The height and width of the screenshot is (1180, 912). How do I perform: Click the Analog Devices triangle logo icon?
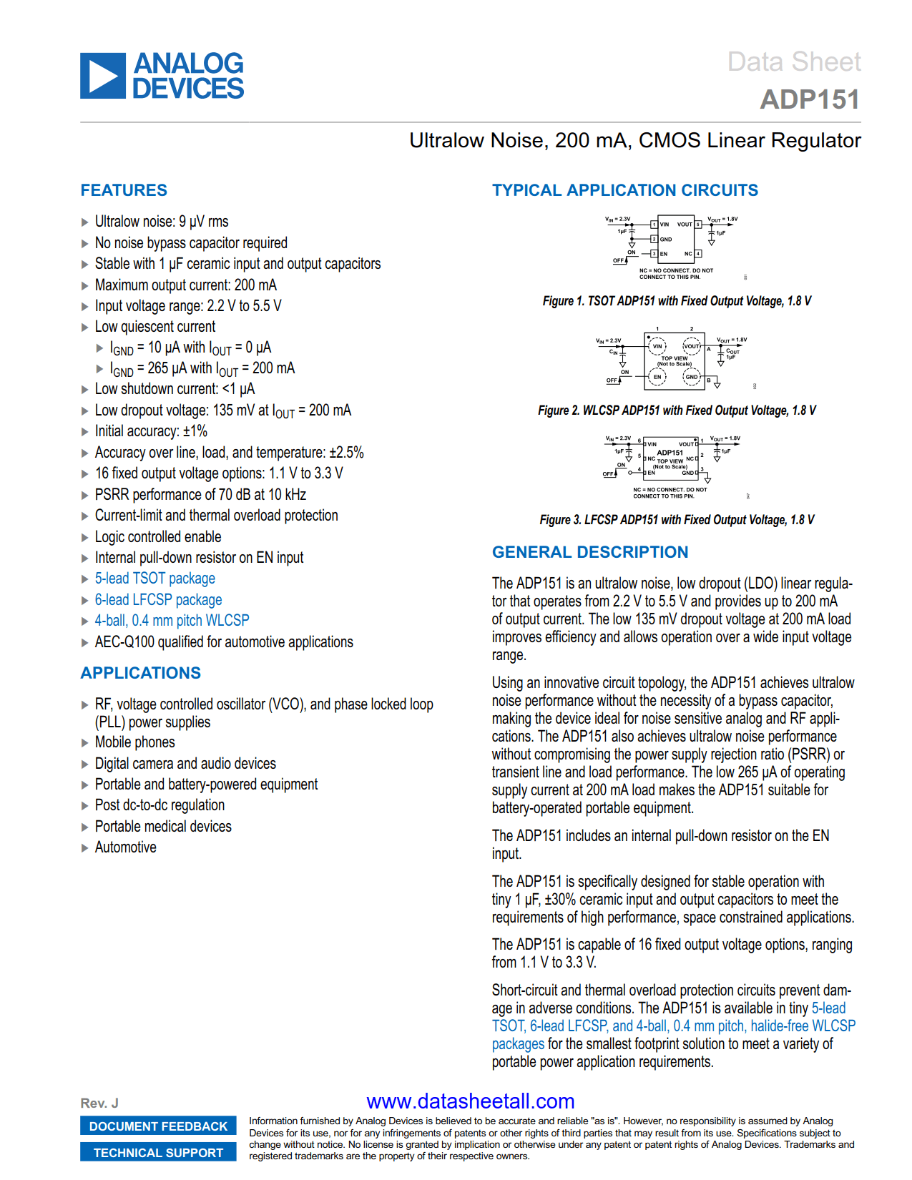point(103,76)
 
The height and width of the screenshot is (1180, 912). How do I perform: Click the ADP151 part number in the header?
point(809,99)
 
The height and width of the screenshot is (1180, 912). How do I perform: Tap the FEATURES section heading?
point(124,190)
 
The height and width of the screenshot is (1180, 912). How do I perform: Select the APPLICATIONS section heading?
point(140,673)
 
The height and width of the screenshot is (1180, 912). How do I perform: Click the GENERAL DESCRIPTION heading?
point(589,552)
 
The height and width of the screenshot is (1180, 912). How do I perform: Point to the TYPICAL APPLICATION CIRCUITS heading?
point(624,190)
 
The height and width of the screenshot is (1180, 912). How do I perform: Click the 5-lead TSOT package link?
point(155,579)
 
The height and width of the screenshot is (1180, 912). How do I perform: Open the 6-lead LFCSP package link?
point(158,600)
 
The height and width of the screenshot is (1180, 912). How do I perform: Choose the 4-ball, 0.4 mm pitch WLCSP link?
point(172,621)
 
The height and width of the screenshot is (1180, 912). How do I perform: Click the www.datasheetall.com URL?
point(470,1101)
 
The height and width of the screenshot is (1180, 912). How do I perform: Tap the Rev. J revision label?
point(99,1103)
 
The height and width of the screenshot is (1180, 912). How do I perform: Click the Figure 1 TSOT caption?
point(676,301)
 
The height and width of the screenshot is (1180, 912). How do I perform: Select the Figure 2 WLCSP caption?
point(676,410)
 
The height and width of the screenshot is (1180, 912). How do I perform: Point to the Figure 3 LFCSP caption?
point(676,520)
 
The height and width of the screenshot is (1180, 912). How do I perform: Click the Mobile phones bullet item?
point(134,742)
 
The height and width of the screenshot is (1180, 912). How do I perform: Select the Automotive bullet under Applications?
point(125,847)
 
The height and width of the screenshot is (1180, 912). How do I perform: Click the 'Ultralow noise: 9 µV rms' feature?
point(162,222)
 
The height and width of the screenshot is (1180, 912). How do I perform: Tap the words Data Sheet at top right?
point(793,62)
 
